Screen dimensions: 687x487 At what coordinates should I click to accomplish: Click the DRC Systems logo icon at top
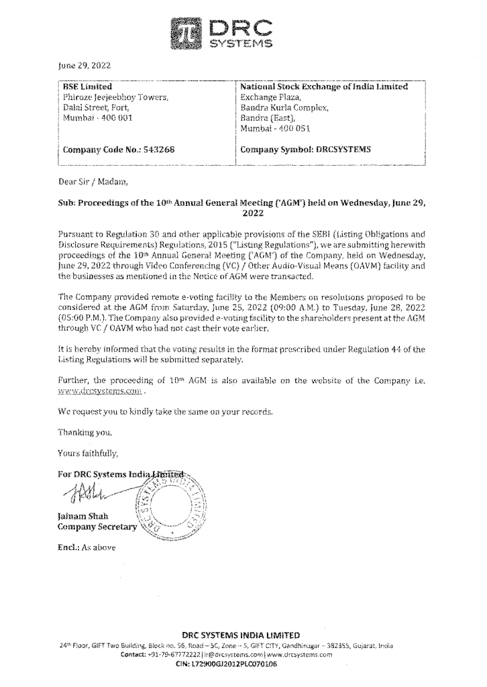coord(193,32)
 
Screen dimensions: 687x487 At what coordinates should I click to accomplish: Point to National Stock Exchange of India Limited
coord(324,87)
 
